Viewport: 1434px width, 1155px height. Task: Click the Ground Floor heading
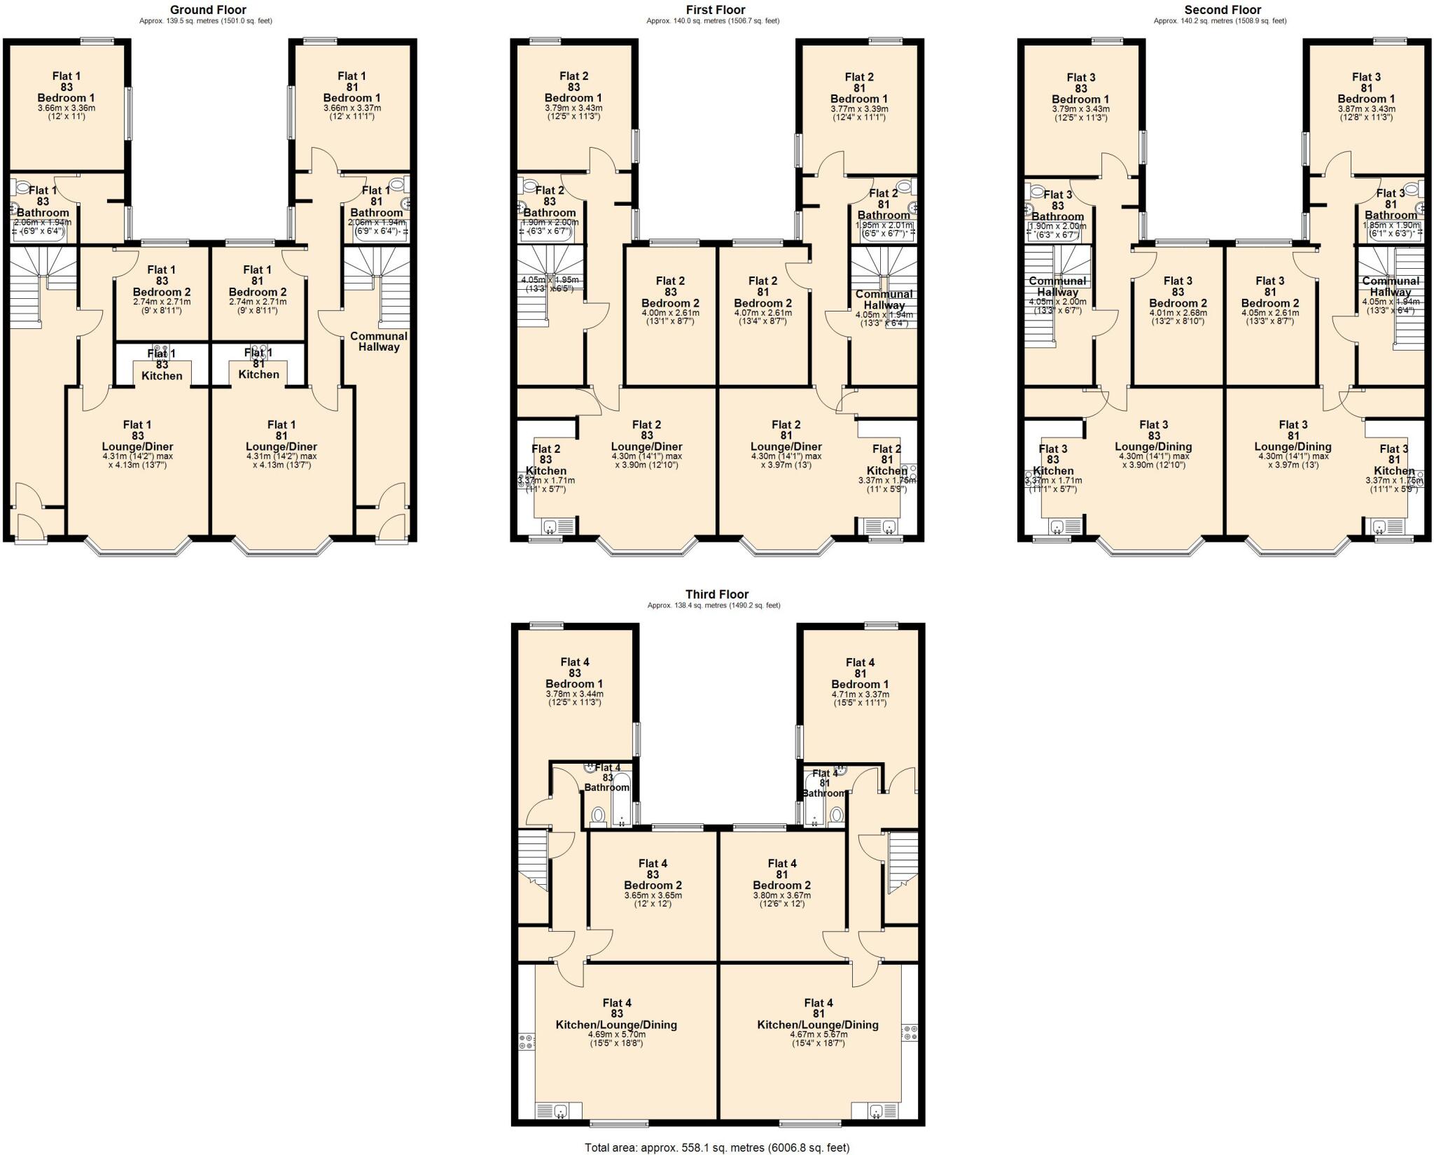[x=208, y=10]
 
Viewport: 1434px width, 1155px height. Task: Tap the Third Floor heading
[x=716, y=594]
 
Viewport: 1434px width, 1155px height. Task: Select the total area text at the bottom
[x=716, y=1147]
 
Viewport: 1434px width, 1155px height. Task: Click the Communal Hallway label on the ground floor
[x=379, y=341]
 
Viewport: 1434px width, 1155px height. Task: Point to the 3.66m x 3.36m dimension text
[x=67, y=108]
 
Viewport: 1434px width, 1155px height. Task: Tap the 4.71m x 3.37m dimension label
[x=860, y=694]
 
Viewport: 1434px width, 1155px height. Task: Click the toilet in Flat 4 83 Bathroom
[x=598, y=815]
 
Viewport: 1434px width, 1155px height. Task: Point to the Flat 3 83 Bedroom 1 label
[x=1080, y=89]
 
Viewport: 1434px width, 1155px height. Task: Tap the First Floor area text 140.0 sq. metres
[x=712, y=21]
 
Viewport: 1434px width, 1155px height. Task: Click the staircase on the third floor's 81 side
[x=902, y=862]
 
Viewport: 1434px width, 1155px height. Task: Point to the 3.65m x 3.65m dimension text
[x=653, y=895]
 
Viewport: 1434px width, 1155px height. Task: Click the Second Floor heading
[x=1223, y=10]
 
